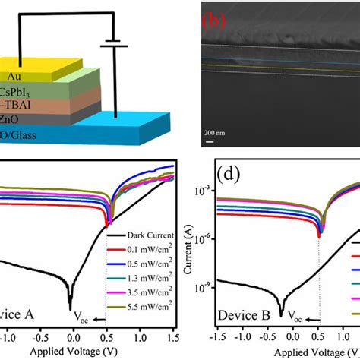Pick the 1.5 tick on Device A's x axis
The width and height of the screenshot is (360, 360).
tap(171, 335)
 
